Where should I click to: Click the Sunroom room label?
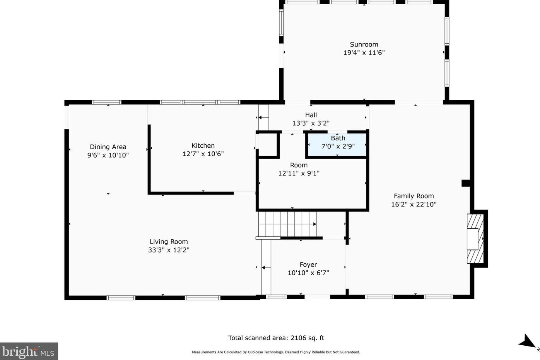[364, 44]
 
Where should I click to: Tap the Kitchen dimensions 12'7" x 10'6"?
[203, 154]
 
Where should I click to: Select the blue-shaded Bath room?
[337, 145]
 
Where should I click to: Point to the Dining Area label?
[108, 147]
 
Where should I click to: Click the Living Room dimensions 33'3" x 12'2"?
[169, 250]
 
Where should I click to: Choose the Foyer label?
[308, 264]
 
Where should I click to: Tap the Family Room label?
[414, 196]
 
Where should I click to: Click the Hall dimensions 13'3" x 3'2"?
[311, 123]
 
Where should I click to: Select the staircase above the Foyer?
[287, 224]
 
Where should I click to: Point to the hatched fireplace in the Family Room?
[475, 239]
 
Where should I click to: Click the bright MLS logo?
[29, 351]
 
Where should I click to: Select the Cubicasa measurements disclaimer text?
[276, 352]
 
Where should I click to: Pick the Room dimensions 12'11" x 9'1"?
[299, 173]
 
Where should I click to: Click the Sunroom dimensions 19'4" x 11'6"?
[364, 53]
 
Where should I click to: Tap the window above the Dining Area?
[106, 102]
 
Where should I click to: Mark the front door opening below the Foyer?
[317, 297]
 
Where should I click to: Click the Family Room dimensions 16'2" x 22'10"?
[414, 204]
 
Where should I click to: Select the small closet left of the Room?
[267, 145]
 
